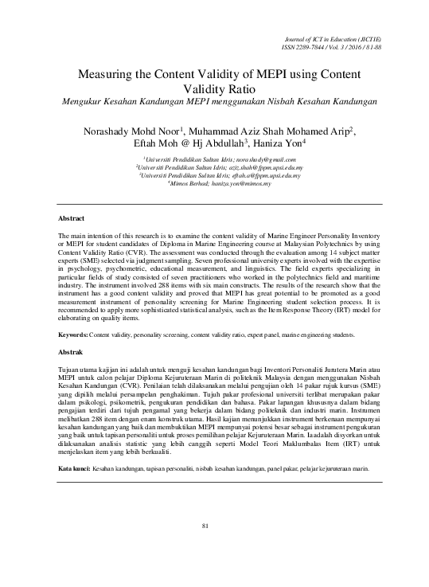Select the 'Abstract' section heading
(72, 217)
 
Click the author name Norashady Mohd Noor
(130, 131)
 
